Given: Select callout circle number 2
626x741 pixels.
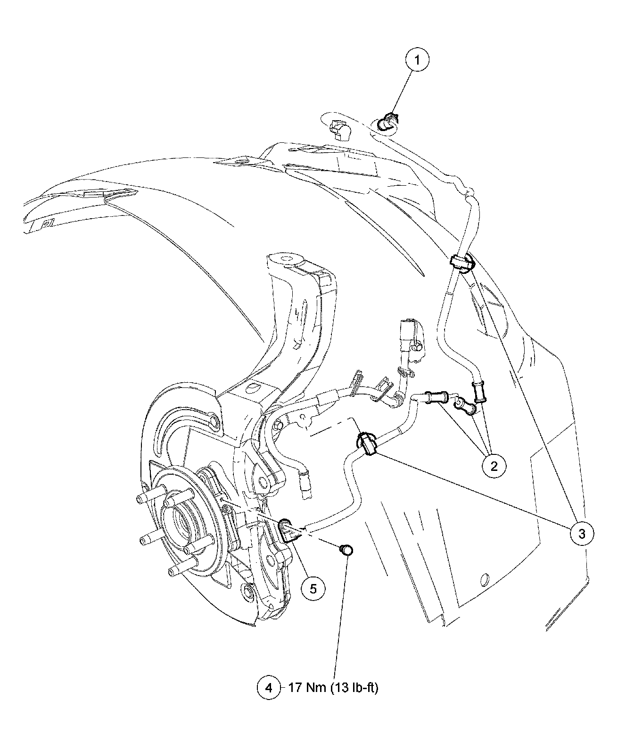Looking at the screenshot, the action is click(493, 466).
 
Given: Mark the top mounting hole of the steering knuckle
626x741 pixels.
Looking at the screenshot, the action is click(286, 259).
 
